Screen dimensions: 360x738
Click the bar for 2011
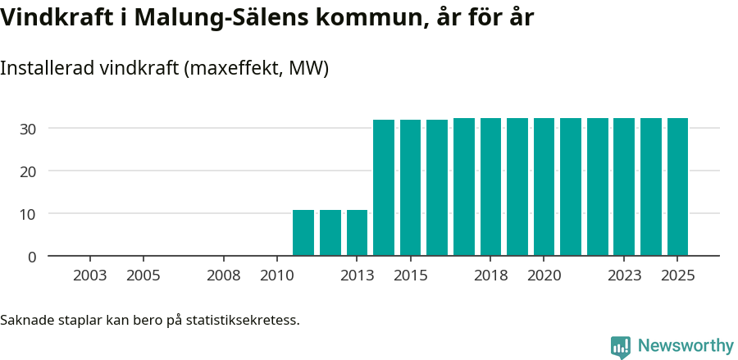tap(303, 233)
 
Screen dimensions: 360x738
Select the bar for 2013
tap(357, 233)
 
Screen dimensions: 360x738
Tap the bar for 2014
tap(384, 188)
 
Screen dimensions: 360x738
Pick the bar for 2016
tap(437, 188)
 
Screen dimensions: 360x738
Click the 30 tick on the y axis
tap(28, 129)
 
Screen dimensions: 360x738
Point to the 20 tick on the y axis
tap(28, 171)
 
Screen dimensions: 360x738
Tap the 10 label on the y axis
tap(28, 214)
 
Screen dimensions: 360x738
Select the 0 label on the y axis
tap(32, 257)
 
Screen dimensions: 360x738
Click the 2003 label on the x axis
tap(89, 276)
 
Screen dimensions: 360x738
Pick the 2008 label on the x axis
tap(223, 276)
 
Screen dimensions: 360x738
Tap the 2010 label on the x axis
tap(276, 276)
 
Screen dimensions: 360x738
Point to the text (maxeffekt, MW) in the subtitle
tap(257, 68)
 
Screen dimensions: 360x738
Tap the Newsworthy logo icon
tap(621, 347)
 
